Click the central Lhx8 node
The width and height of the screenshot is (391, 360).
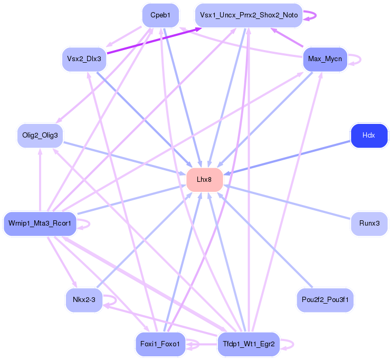click(x=204, y=180)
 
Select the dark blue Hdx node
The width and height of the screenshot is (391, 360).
click(x=369, y=135)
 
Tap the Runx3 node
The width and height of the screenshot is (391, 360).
click(x=369, y=223)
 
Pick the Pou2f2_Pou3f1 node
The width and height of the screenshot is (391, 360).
click(x=325, y=300)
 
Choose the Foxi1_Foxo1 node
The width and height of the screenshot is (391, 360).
click(x=160, y=344)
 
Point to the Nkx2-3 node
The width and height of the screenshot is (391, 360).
click(x=84, y=300)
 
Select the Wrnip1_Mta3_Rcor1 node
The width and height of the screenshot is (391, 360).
click(x=40, y=223)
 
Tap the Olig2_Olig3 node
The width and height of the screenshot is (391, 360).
click(x=40, y=135)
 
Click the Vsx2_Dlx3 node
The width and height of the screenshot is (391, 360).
click(x=84, y=59)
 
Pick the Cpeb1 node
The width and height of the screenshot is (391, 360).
click(x=160, y=15)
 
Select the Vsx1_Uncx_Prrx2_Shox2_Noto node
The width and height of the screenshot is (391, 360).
click(x=249, y=15)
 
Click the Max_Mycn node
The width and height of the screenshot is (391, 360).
click(x=325, y=59)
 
